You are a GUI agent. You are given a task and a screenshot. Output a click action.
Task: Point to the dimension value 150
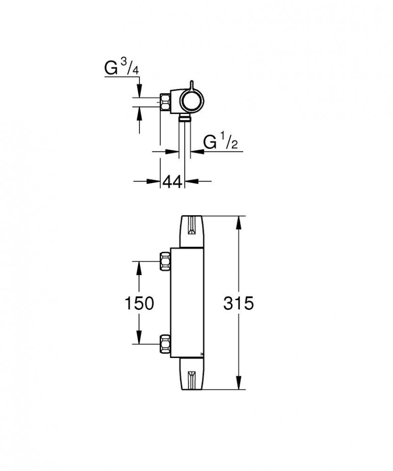click(140, 303)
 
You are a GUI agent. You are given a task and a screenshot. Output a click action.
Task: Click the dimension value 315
click(239, 303)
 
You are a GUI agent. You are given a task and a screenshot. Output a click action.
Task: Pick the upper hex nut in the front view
click(165, 261)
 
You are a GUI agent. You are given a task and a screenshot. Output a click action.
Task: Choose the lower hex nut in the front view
click(165, 344)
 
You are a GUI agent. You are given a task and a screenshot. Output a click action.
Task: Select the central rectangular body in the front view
click(187, 303)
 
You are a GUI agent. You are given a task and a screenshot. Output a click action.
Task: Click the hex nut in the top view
click(166, 102)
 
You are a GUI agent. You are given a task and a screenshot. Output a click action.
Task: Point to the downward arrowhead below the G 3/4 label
click(140, 91)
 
